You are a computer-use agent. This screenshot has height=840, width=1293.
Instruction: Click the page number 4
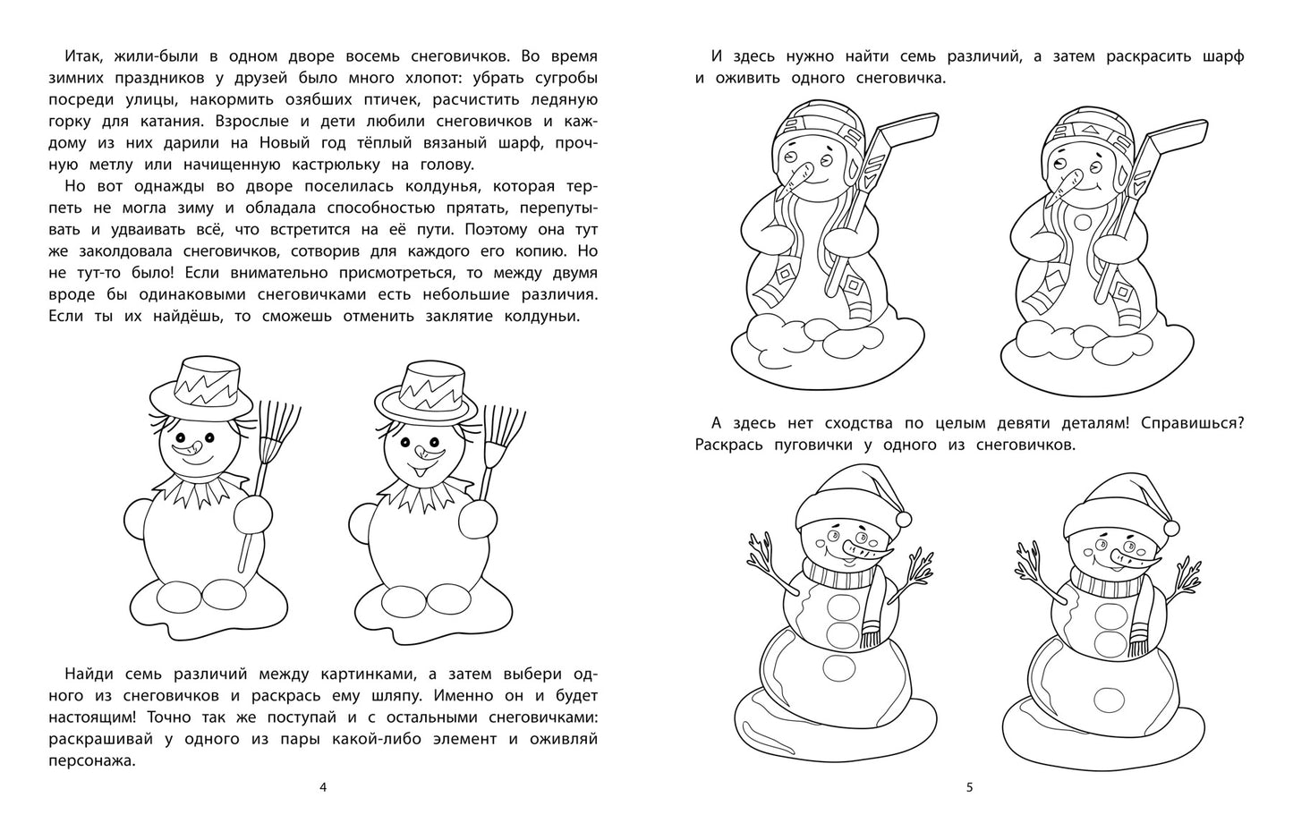click(x=323, y=787)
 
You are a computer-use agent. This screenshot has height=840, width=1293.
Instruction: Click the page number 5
click(x=970, y=787)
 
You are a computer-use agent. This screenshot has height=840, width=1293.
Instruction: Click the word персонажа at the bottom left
click(x=92, y=761)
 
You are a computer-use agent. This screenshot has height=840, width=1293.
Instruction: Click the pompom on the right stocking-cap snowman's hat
click(x=1170, y=527)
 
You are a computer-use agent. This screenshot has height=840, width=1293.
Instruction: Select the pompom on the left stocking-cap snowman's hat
click(x=904, y=519)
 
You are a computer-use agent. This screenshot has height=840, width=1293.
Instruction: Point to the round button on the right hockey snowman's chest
click(x=1083, y=222)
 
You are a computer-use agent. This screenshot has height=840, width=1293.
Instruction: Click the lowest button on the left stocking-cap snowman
click(x=838, y=669)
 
